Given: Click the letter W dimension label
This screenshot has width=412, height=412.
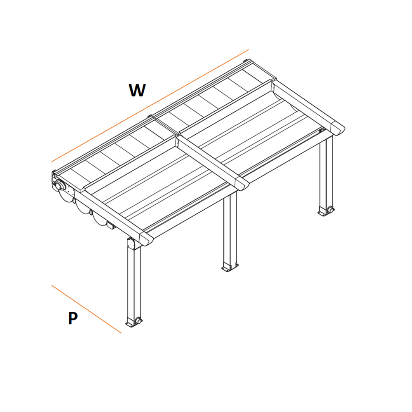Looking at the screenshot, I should tap(137, 90).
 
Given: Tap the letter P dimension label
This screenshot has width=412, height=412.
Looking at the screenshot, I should tap(73, 318).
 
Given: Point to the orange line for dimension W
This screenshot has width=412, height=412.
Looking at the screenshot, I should tap(150, 105).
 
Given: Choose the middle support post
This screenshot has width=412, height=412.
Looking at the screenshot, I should tap(230, 231).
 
